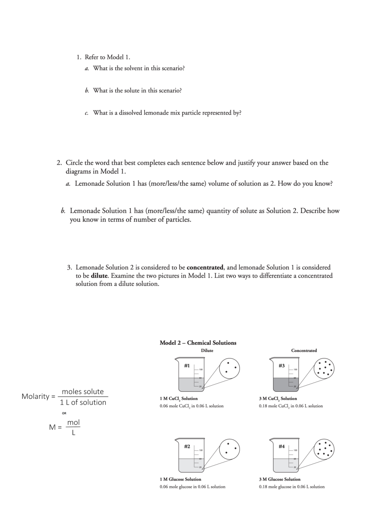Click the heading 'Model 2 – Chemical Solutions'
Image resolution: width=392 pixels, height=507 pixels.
(x=198, y=343)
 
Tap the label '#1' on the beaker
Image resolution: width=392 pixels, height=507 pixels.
(x=187, y=365)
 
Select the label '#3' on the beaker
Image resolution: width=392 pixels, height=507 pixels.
(x=281, y=365)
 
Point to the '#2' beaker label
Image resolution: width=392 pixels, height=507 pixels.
(x=187, y=446)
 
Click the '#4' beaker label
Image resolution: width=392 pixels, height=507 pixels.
(x=281, y=446)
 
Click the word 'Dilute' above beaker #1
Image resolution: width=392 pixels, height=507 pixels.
(x=207, y=350)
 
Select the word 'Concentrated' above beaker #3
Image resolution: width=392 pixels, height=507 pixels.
(x=304, y=350)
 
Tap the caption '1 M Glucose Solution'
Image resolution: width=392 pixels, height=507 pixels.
(x=180, y=479)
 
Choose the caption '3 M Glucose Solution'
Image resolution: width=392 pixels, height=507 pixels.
(x=279, y=479)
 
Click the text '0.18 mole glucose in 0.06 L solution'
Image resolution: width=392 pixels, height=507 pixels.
(x=291, y=487)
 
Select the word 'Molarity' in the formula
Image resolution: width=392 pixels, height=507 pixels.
(x=36, y=396)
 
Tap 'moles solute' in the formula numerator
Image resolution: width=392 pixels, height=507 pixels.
(x=82, y=392)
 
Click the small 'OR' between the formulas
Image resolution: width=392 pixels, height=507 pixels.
(x=64, y=413)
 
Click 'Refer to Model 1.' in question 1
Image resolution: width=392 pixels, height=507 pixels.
(x=107, y=57)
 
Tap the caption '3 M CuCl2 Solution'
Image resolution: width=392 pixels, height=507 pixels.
(x=278, y=398)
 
